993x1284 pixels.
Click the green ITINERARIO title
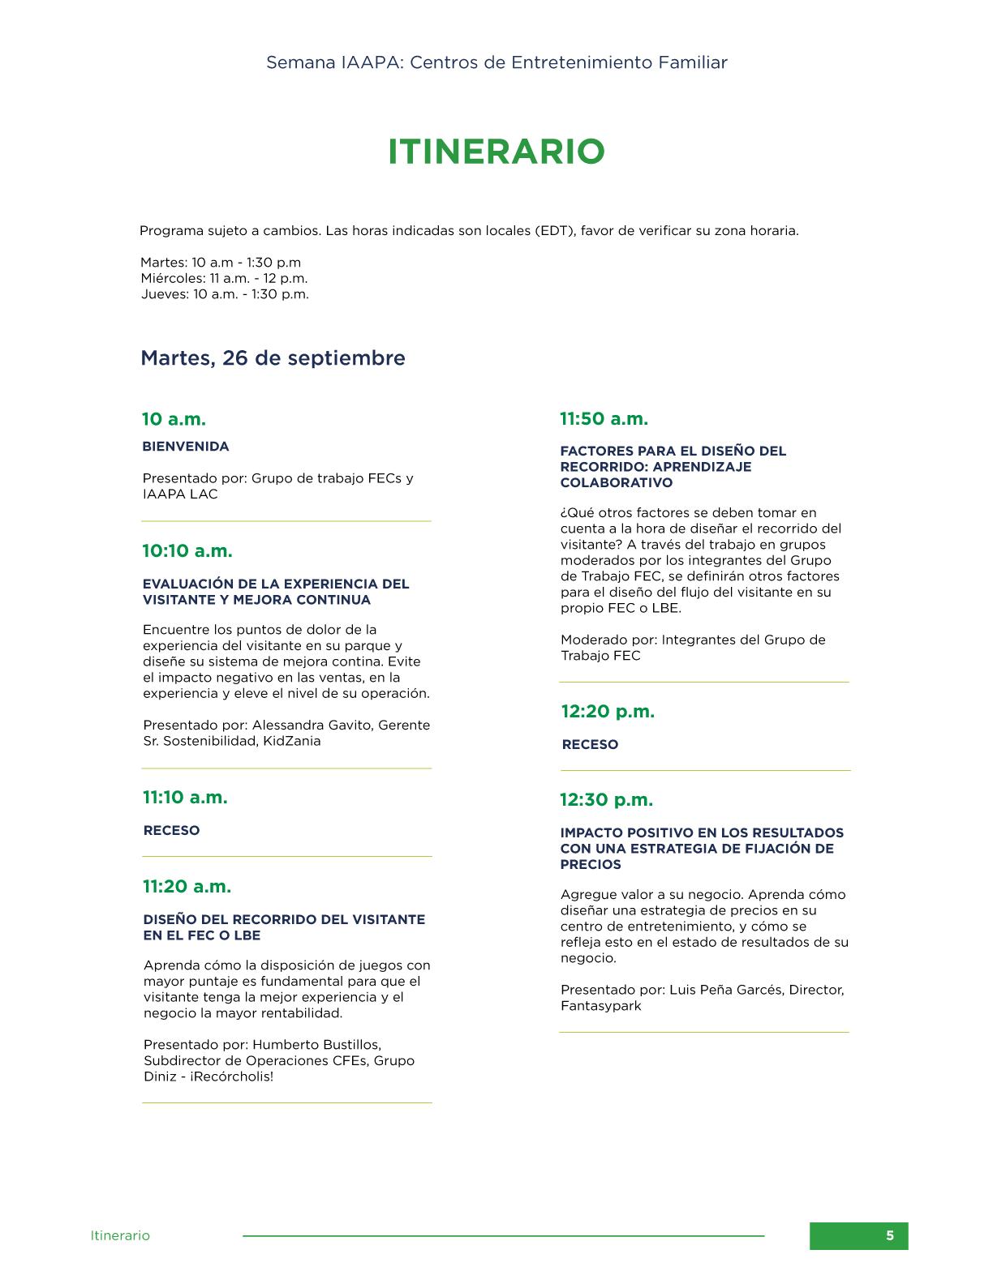tap(496, 152)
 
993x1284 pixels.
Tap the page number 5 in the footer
tap(889, 1235)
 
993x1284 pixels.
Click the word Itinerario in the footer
tap(120, 1235)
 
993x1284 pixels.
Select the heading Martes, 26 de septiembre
tap(273, 357)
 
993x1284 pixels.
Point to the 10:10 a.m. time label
tap(187, 550)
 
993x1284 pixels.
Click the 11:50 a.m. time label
tap(604, 418)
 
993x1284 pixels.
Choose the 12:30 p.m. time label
tap(606, 799)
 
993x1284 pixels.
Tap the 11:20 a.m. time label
tap(187, 886)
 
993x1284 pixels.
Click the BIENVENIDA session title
tap(186, 446)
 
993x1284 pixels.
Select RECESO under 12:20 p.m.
tap(590, 744)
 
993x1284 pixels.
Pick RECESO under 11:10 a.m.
tap(171, 830)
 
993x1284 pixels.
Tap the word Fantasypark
tap(600, 1005)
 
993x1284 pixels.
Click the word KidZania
tap(291, 740)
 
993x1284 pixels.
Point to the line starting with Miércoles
tap(224, 278)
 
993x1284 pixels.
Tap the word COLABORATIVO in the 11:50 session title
tap(604, 482)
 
